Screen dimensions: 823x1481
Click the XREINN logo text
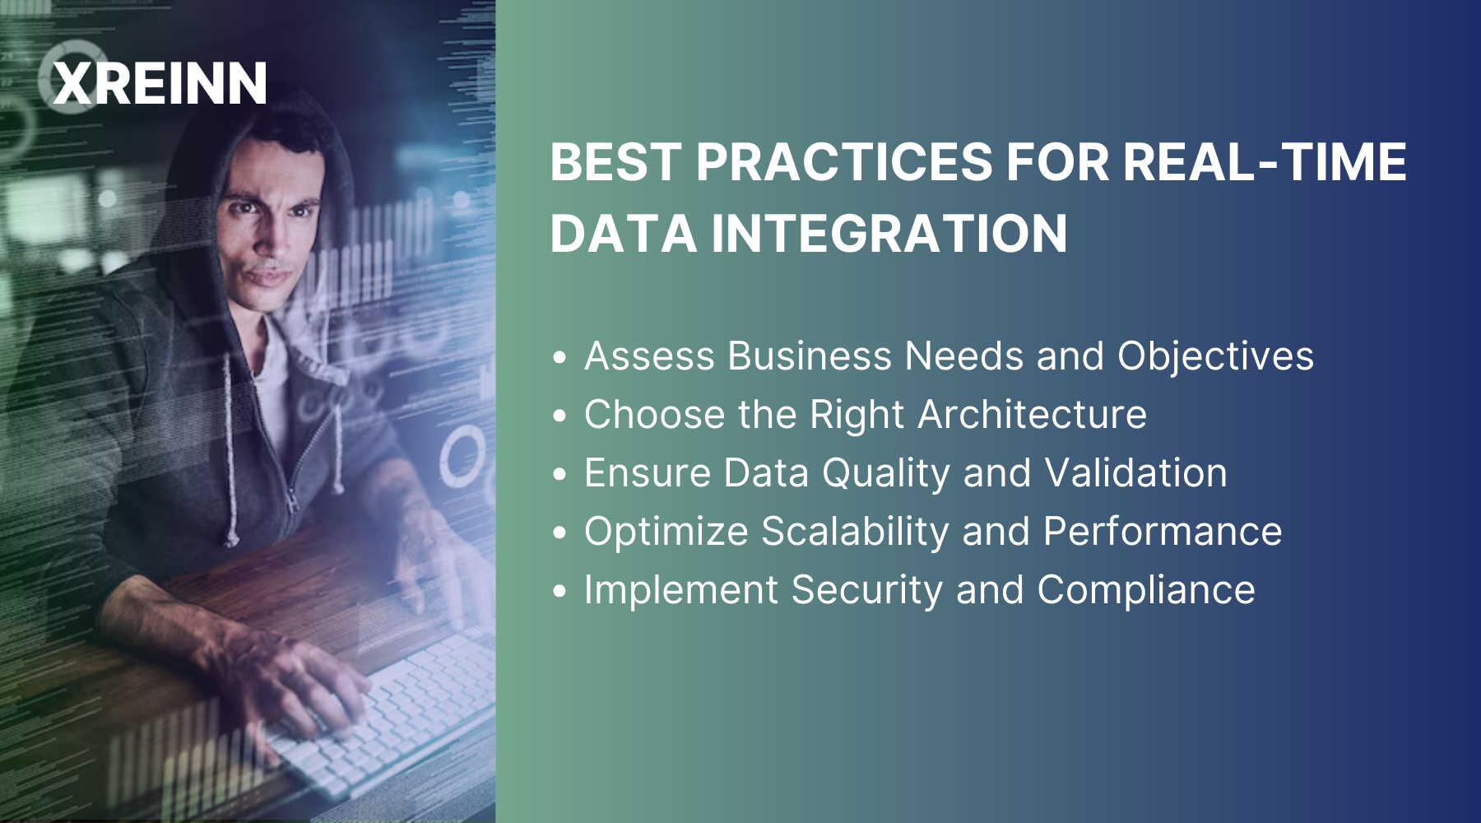(x=160, y=84)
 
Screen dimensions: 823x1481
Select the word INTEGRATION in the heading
(x=889, y=234)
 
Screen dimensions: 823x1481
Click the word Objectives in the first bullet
(x=1215, y=356)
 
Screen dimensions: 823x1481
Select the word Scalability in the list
(x=855, y=532)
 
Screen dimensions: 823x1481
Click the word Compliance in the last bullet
(x=1146, y=590)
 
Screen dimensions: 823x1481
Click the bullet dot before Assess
(x=560, y=358)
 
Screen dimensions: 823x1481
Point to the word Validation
(x=1135, y=473)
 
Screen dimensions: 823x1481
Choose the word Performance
(x=1163, y=532)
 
